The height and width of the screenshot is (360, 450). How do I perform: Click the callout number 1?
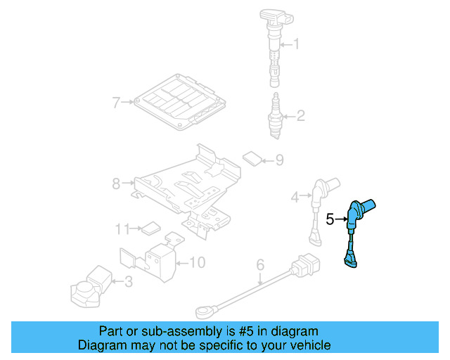pos(296,45)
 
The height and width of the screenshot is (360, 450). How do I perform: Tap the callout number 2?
pos(300,116)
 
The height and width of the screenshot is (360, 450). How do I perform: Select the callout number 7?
pos(117,103)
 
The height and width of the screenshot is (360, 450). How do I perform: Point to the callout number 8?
pos(117,184)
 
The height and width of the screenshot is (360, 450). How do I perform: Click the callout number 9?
pos(279,161)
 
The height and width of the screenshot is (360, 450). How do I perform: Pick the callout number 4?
pos(297,197)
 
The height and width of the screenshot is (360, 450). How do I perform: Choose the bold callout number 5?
pos(330,219)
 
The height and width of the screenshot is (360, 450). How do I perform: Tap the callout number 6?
pos(260,265)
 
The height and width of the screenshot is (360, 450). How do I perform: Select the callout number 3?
pos(127,283)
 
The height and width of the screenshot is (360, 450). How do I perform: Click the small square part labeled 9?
pos(251,157)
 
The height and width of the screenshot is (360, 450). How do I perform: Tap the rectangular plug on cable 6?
pos(307,266)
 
